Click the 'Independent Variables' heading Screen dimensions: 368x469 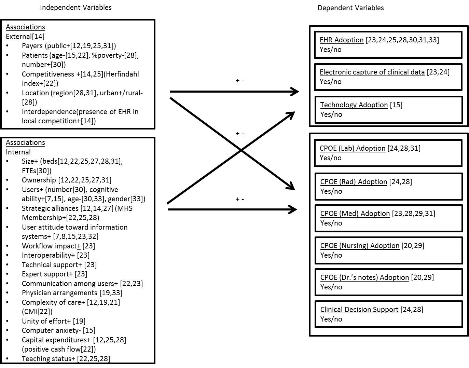click(x=75, y=8)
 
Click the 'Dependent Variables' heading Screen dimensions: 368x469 click(x=350, y=8)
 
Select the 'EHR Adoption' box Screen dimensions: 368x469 click(x=388, y=45)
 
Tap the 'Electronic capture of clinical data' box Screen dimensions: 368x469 click(x=388, y=77)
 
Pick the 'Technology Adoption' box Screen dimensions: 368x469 click(x=388, y=110)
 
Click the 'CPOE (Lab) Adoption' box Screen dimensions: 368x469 click(x=388, y=153)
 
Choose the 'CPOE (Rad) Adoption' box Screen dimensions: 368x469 click(x=388, y=186)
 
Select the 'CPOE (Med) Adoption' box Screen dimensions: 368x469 click(x=388, y=218)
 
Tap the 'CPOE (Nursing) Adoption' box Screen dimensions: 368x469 click(x=388, y=250)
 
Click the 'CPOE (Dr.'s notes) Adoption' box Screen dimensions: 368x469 click(x=388, y=282)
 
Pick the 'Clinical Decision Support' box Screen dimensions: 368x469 click(x=388, y=314)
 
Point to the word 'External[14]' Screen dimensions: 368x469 click(x=25, y=36)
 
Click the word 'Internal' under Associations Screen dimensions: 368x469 click(x=18, y=152)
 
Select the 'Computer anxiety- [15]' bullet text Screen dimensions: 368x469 click(x=58, y=330)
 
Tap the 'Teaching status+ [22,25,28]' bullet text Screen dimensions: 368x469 click(x=66, y=358)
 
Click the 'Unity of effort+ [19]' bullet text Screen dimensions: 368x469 click(x=54, y=321)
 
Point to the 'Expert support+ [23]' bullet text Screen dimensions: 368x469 click(x=54, y=274)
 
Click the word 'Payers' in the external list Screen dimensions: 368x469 click(x=32, y=46)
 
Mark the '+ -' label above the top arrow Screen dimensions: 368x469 click(x=239, y=81)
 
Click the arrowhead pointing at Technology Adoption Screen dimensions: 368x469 click(x=290, y=115)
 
